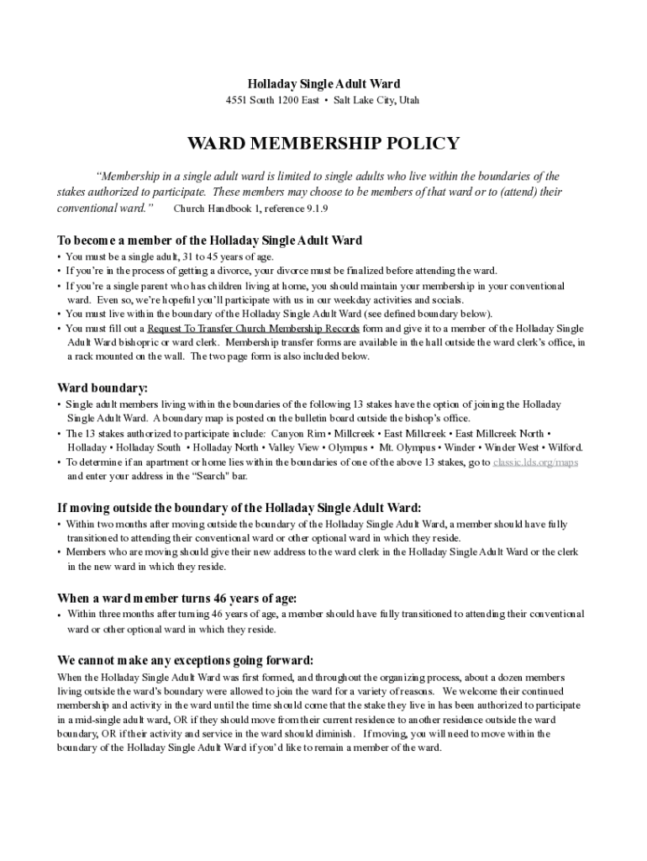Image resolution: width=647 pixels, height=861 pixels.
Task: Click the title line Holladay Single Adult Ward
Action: (323, 84)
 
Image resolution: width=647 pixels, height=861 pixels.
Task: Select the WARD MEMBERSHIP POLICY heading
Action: (323, 143)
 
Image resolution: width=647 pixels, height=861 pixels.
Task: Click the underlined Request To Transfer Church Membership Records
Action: (254, 329)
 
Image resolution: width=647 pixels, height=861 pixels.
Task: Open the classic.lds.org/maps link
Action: (535, 462)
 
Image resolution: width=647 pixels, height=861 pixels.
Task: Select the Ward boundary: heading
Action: (103, 388)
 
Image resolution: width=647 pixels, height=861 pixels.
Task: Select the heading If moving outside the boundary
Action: (239, 508)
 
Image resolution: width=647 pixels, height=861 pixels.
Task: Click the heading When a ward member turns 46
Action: (176, 598)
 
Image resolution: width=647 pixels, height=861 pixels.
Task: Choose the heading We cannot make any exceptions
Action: (185, 660)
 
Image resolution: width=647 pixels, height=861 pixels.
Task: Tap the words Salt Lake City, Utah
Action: (376, 101)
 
